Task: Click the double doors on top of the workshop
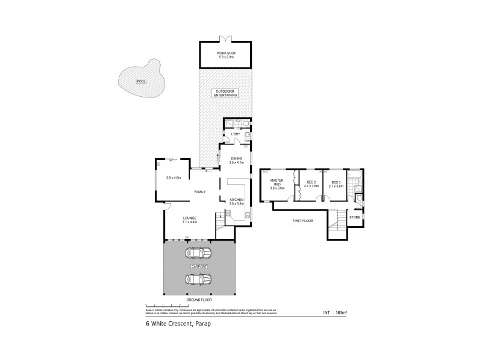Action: [227, 40]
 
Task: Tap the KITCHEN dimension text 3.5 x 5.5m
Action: [236, 204]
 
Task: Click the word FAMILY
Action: [199, 191]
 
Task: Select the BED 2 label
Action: [311, 183]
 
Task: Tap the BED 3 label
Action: [336, 183]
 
